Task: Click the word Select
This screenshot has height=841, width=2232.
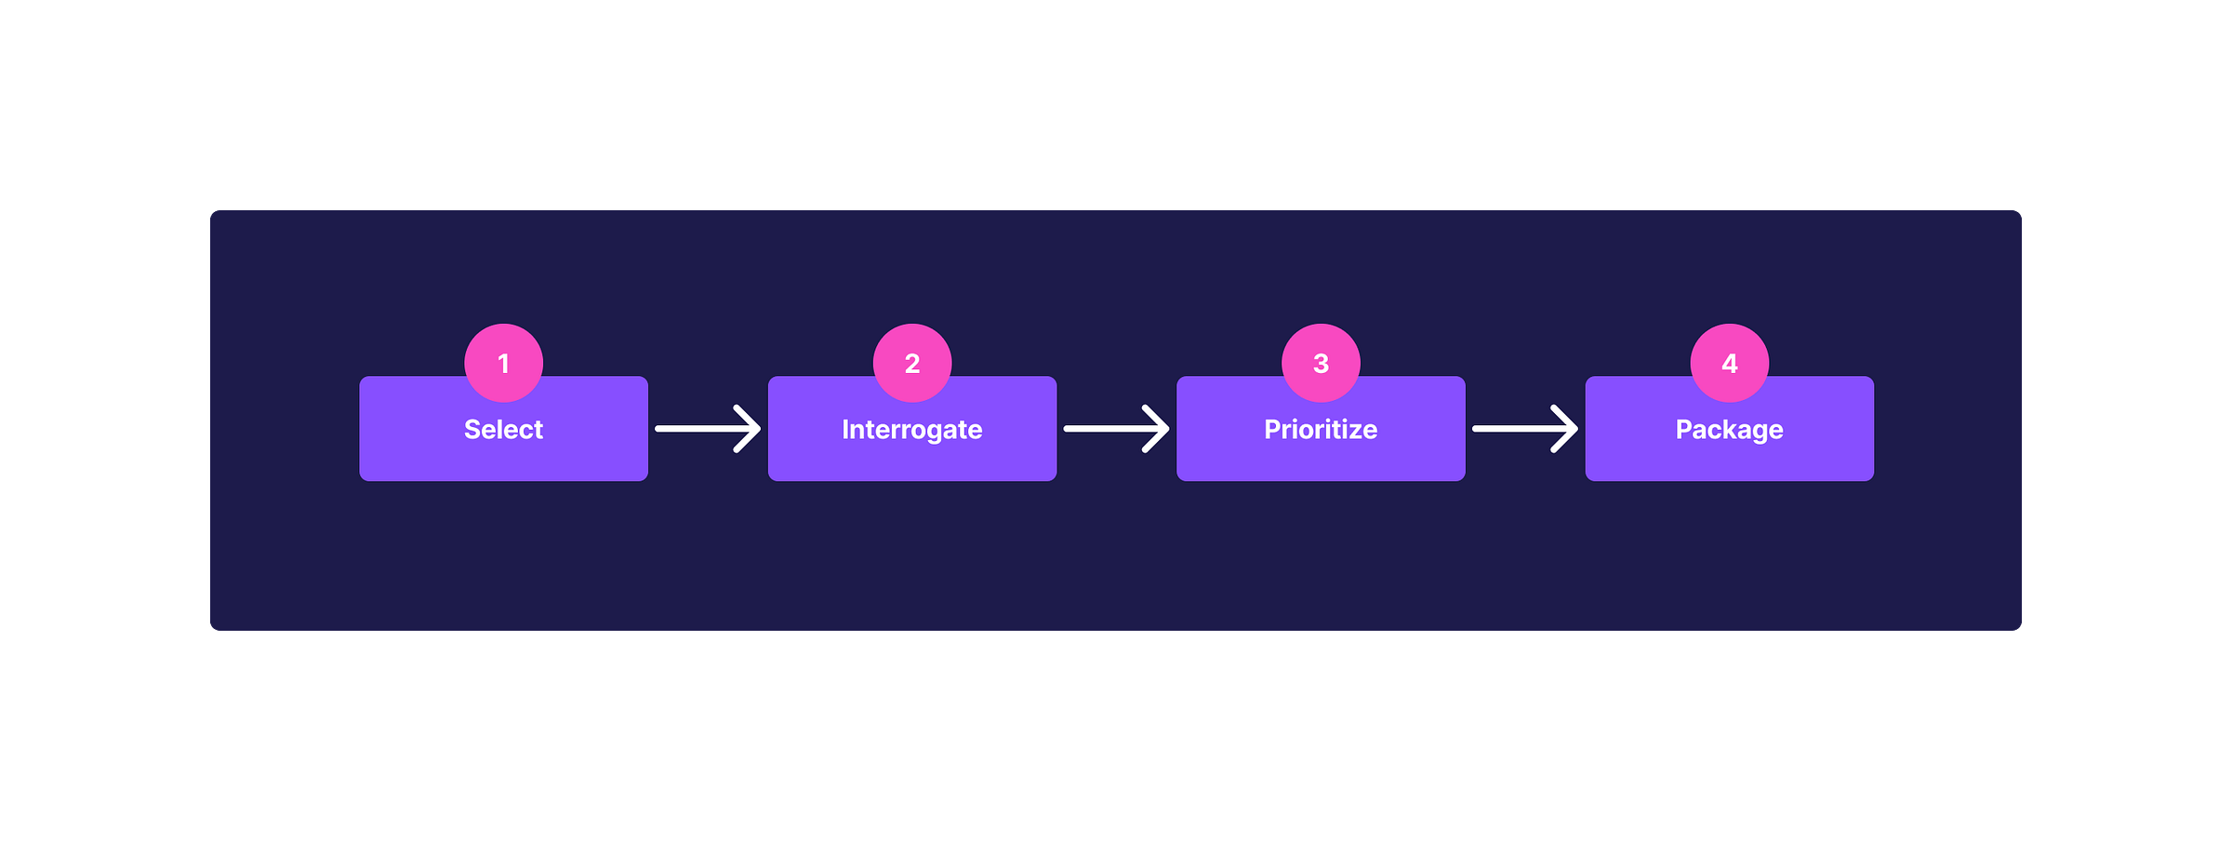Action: click(x=503, y=429)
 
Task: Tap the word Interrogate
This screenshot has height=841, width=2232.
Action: click(x=911, y=429)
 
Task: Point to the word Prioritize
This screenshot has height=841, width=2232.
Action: click(x=1321, y=429)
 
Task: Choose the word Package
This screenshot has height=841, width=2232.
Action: click(x=1729, y=429)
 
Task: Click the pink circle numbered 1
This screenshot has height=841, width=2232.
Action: click(x=503, y=362)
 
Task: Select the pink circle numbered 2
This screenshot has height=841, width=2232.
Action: click(x=912, y=362)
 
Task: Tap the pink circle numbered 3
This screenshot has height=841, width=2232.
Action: click(x=1321, y=362)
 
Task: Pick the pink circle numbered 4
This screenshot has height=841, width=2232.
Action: click(x=1730, y=362)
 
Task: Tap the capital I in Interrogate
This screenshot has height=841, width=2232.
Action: click(x=845, y=429)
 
